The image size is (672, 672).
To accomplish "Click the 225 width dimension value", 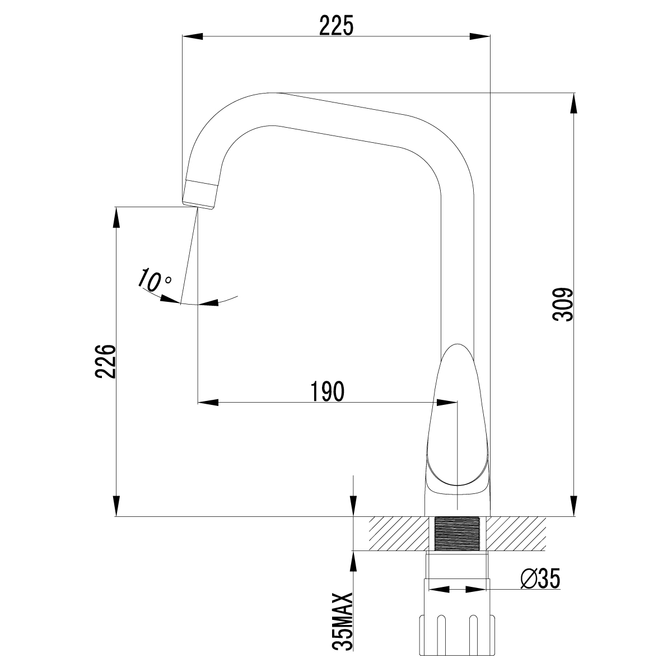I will click(x=336, y=25).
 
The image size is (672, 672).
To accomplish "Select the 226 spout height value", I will click(x=105, y=361).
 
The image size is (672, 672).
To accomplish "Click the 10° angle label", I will click(x=155, y=280).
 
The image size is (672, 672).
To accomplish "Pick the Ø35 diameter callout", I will click(x=540, y=580).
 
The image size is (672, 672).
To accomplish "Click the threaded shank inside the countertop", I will click(x=458, y=534).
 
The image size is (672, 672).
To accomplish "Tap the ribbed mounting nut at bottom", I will click(x=458, y=638).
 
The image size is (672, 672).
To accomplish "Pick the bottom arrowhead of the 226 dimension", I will click(x=116, y=506).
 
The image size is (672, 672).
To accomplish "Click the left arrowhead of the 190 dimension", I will click(x=207, y=402).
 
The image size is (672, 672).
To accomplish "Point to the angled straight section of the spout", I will click(x=342, y=120).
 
